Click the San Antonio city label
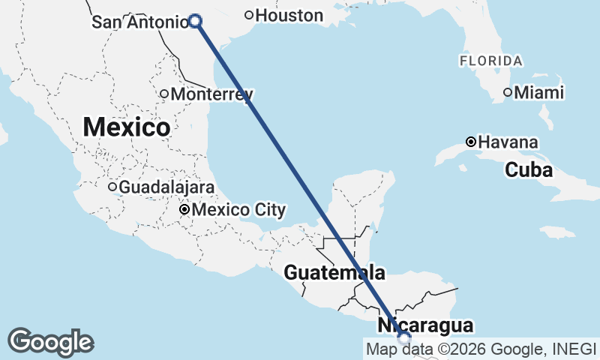coord(139,22)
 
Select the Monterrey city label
coord(211,94)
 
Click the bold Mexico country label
coord(126,127)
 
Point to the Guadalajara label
coord(166,187)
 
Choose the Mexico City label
coord(238,209)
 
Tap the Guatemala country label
coord(334,273)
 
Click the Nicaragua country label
coord(425,325)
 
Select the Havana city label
coord(508,142)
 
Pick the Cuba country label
coord(529,170)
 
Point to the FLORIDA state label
coord(491,60)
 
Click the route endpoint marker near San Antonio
coord(195,21)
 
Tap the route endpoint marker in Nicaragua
coord(405,339)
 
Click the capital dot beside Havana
coord(470,142)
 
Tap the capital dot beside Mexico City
coord(184,209)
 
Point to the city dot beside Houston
coord(249,15)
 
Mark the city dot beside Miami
coord(508,92)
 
